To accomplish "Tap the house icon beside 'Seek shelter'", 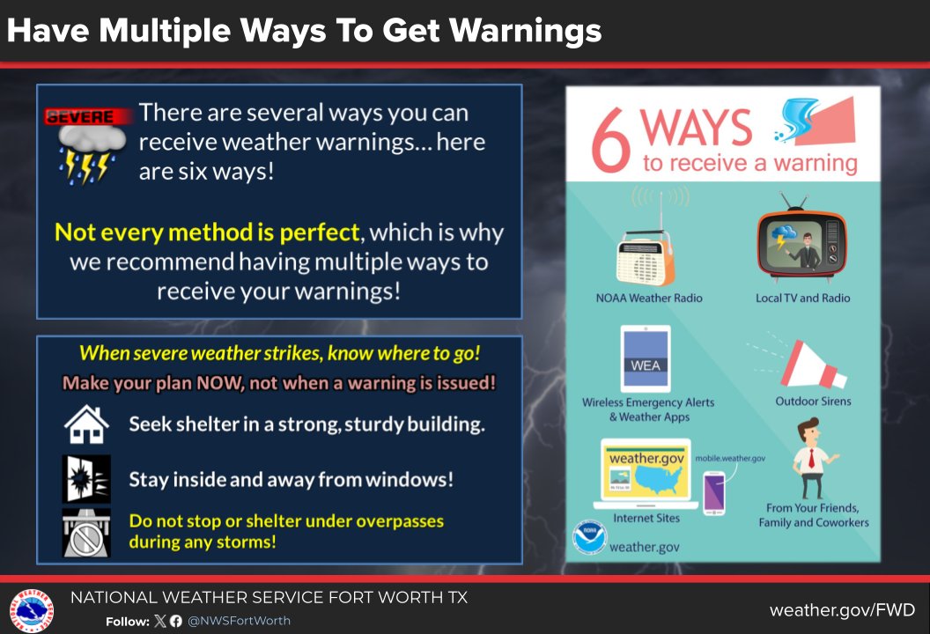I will click(86, 424).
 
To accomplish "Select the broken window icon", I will click(86, 479).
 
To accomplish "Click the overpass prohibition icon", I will click(86, 532).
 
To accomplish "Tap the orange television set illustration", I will click(801, 242).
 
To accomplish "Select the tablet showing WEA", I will click(645, 359).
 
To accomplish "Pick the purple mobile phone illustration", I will click(713, 492).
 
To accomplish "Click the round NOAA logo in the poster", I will click(589, 538).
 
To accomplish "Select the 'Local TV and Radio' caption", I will click(802, 299).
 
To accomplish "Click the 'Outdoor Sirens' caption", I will click(813, 402).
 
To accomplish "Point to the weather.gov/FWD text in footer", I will click(841, 610).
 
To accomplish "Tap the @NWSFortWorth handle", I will click(239, 621).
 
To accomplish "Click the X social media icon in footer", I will click(159, 621).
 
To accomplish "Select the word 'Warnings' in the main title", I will click(524, 32).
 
